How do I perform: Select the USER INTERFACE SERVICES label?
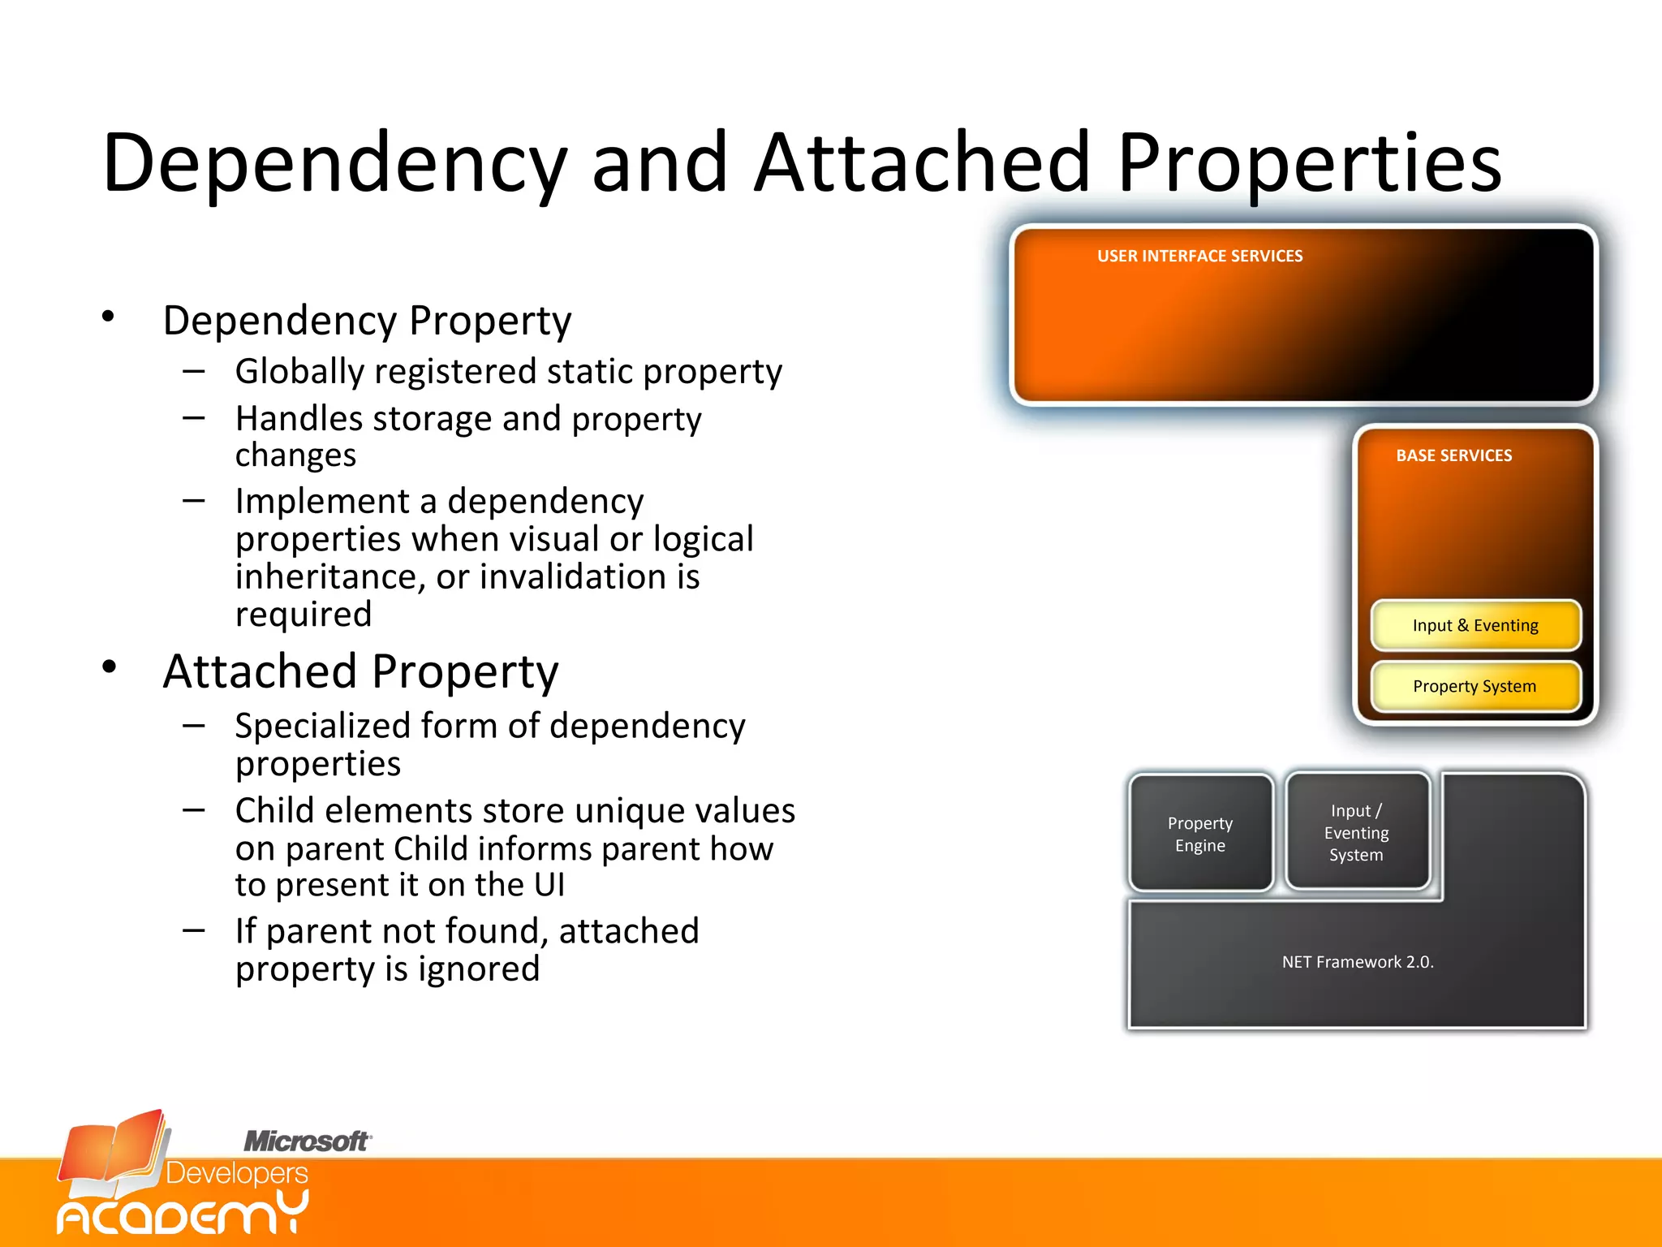pos(1199,257)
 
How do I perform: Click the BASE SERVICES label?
pos(1453,455)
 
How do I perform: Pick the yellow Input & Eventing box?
pos(1475,625)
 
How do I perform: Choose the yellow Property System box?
pos(1475,686)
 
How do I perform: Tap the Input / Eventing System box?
pos(1356,832)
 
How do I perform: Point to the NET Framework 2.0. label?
pos(1357,962)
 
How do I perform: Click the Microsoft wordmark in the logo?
pos(307,1141)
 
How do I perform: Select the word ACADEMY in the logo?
pos(183,1214)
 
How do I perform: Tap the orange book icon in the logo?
pos(114,1153)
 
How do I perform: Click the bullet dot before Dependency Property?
pos(109,317)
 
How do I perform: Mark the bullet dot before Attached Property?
pos(109,667)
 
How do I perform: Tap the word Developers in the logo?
pos(237,1174)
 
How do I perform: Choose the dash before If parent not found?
pos(193,930)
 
